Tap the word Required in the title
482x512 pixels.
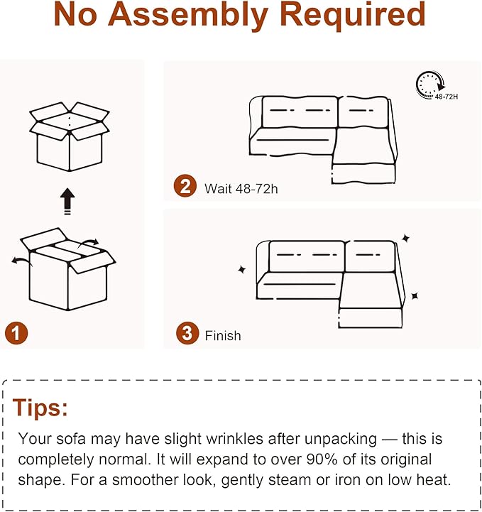click(352, 16)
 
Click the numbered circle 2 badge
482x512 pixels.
click(185, 187)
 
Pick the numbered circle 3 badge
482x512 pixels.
click(187, 334)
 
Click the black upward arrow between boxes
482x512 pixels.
click(67, 201)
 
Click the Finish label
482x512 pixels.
click(223, 335)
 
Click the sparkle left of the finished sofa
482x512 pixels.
click(241, 270)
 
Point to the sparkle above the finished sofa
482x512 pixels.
click(406, 238)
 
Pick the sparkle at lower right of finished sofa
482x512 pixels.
click(415, 296)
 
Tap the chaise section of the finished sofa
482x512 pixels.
click(371, 301)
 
